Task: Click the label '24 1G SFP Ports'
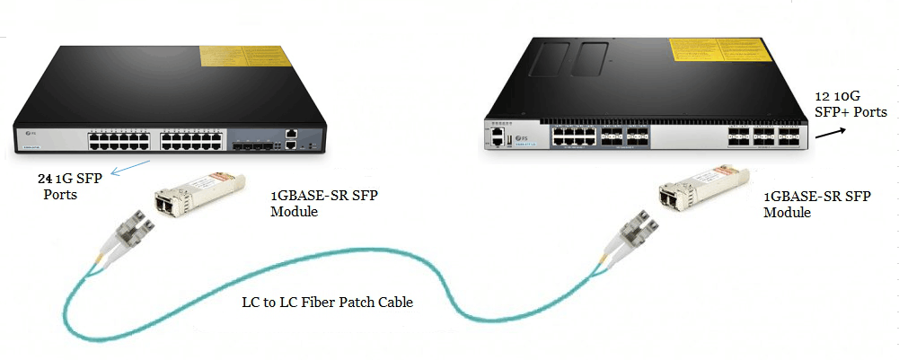[66, 187]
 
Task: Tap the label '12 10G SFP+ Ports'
[851, 103]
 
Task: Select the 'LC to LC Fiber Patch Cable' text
[326, 303]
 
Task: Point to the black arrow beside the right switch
[832, 132]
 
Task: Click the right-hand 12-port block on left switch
[189, 138]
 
